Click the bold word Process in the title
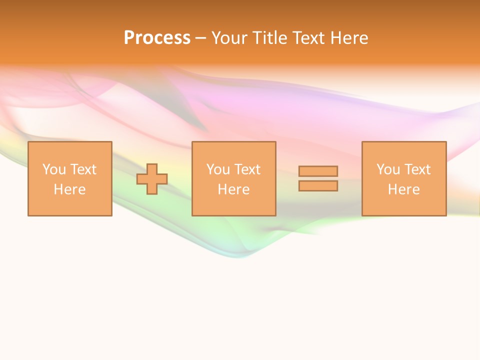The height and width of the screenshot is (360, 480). pyautogui.click(x=157, y=38)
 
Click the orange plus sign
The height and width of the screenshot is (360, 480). pyautogui.click(x=152, y=179)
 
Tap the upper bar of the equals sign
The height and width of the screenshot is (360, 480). pyautogui.click(x=318, y=171)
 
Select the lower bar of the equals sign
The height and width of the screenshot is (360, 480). pyautogui.click(x=318, y=186)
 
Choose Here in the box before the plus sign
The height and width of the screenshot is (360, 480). pyautogui.click(x=69, y=189)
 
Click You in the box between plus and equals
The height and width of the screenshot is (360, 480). pyautogui.click(x=218, y=169)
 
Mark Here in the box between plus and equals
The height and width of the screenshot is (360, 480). pyautogui.click(x=233, y=189)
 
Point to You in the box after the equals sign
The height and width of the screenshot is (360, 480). pyautogui.click(x=388, y=169)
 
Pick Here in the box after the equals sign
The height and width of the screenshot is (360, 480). pyautogui.click(x=403, y=189)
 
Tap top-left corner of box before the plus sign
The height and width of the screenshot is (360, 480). pyautogui.click(x=28, y=142)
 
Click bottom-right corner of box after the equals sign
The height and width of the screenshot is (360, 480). pyautogui.click(x=445, y=215)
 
